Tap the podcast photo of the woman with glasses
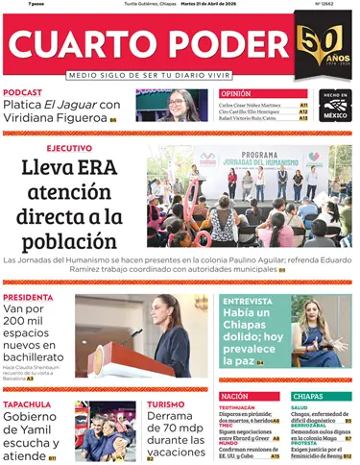click(x=172, y=105)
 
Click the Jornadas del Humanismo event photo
click(x=249, y=197)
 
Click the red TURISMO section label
click(x=165, y=404)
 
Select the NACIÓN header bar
click(x=251, y=396)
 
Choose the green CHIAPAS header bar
click(x=320, y=396)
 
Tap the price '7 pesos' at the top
click(x=15, y=5)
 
